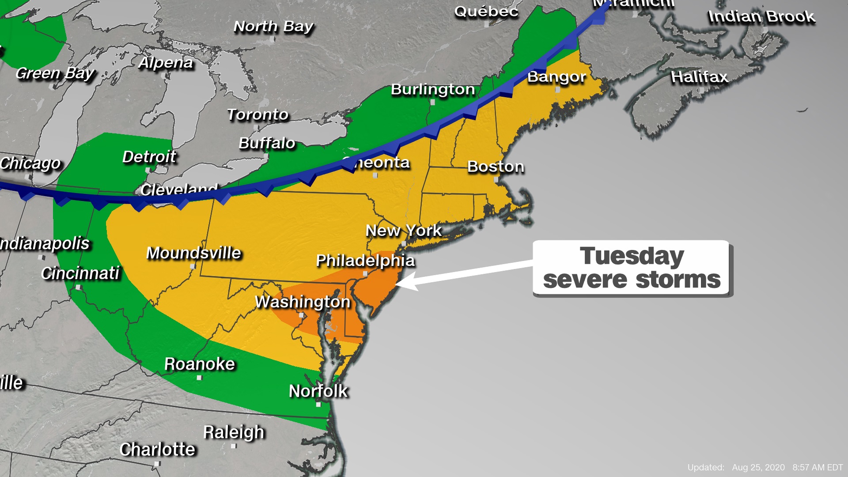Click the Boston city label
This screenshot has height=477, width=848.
click(x=496, y=167)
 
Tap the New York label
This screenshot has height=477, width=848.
click(x=404, y=230)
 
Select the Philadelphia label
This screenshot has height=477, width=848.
click(x=365, y=261)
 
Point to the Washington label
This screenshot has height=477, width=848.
click(x=303, y=302)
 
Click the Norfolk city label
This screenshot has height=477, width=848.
click(x=318, y=391)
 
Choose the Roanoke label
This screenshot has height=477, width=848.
click(x=200, y=364)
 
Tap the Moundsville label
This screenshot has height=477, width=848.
click(x=193, y=253)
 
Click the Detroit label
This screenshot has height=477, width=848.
click(x=149, y=157)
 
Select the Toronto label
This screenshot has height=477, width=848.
click(x=257, y=115)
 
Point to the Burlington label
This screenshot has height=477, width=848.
click(x=433, y=89)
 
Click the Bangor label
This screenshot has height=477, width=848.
click(x=556, y=77)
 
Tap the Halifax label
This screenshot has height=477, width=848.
click(x=699, y=77)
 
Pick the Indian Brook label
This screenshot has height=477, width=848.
click(x=761, y=17)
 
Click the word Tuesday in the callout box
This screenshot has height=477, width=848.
click(x=632, y=256)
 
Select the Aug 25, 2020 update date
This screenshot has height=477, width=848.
click(x=758, y=467)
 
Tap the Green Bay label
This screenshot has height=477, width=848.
click(x=55, y=73)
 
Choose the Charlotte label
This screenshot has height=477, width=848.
click(x=157, y=449)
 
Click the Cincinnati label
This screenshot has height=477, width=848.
click(x=80, y=273)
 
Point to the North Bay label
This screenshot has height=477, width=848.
click(x=273, y=26)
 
